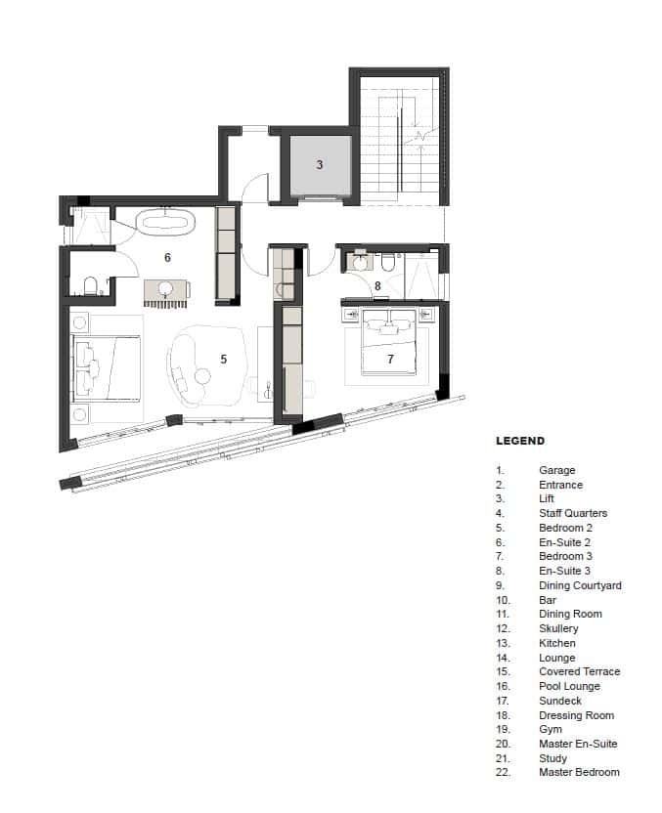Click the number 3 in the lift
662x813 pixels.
click(x=319, y=165)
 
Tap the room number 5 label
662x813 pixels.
click(x=223, y=360)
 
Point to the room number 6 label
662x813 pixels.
click(x=167, y=258)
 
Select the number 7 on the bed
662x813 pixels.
click(x=390, y=360)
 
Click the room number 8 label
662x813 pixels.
click(x=377, y=286)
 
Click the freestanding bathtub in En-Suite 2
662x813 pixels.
click(x=167, y=222)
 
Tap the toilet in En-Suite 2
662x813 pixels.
click(x=90, y=285)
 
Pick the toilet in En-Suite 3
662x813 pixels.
click(x=388, y=262)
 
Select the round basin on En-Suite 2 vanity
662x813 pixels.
click(x=165, y=288)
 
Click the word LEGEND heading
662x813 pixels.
click(x=520, y=442)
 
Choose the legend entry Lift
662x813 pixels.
click(x=547, y=499)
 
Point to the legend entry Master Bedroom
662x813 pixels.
click(x=579, y=772)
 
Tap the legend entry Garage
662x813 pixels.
click(x=556, y=470)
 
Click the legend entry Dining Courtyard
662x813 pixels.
click(x=580, y=585)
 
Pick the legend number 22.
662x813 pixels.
click(x=503, y=772)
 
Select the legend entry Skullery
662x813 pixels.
click(x=558, y=628)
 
